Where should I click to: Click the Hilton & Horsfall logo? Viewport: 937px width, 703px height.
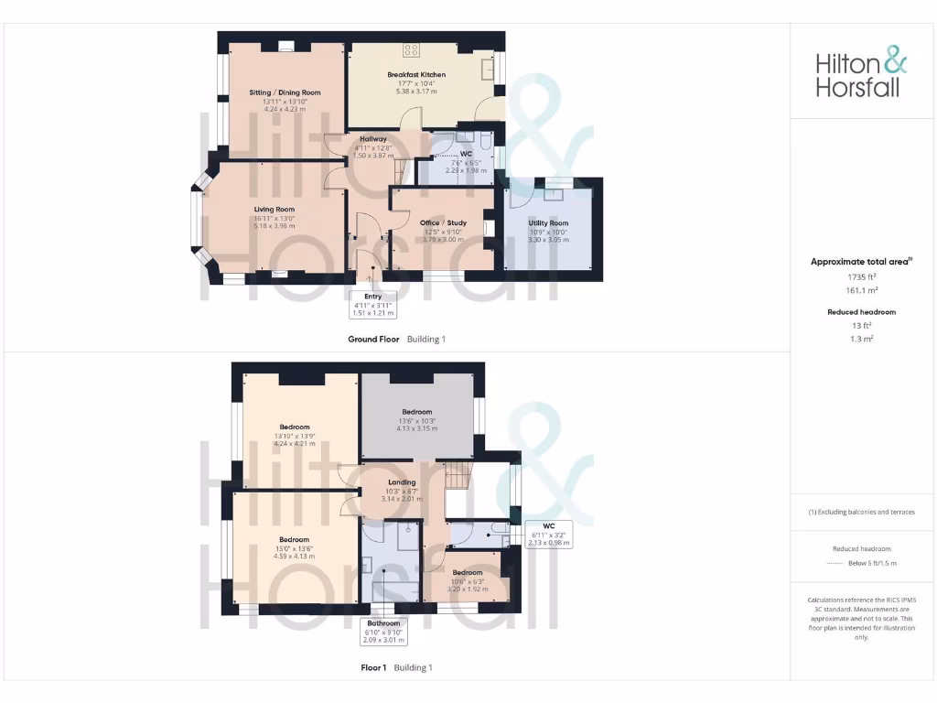click(861, 74)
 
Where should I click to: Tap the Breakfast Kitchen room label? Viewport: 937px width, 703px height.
click(416, 74)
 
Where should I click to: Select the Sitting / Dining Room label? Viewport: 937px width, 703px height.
click(285, 92)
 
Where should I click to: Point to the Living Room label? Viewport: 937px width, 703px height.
click(275, 209)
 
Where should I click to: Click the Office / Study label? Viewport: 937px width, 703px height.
click(443, 222)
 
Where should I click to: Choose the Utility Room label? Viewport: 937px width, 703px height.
click(548, 223)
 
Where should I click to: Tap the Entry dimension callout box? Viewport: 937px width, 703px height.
click(373, 304)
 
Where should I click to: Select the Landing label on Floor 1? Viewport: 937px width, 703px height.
click(402, 482)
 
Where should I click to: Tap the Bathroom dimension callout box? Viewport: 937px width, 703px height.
click(384, 632)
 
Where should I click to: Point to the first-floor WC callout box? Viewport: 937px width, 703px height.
click(549, 535)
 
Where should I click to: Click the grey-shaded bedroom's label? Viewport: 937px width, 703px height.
click(416, 412)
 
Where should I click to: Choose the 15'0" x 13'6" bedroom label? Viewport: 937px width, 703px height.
click(295, 539)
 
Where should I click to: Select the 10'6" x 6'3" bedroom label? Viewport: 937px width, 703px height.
click(467, 573)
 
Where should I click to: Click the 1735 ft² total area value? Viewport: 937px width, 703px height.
click(861, 276)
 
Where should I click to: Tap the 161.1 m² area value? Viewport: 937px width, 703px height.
click(861, 290)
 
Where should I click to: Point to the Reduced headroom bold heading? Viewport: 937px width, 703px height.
click(861, 312)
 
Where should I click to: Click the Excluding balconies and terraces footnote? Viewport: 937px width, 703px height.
click(861, 512)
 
